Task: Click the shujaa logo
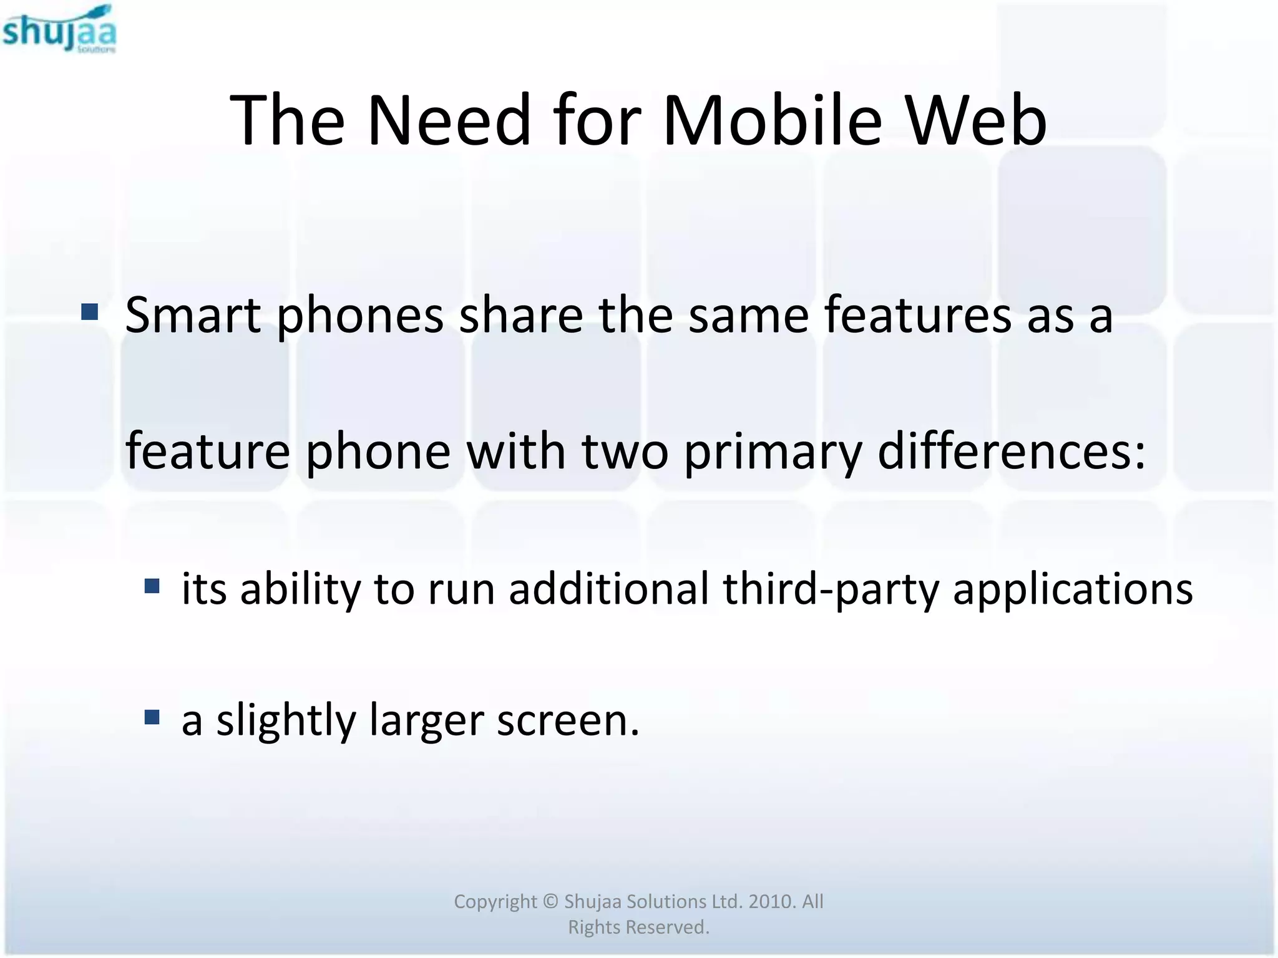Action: [x=59, y=29]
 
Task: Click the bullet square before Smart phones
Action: [x=90, y=311]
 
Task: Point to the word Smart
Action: [x=193, y=315]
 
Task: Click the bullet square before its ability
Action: [x=152, y=586]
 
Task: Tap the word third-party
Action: [x=831, y=589]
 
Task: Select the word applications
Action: [x=1073, y=589]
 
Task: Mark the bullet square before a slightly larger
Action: [x=152, y=717]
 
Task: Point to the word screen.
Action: [x=567, y=720]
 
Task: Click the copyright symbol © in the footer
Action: [x=550, y=901]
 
